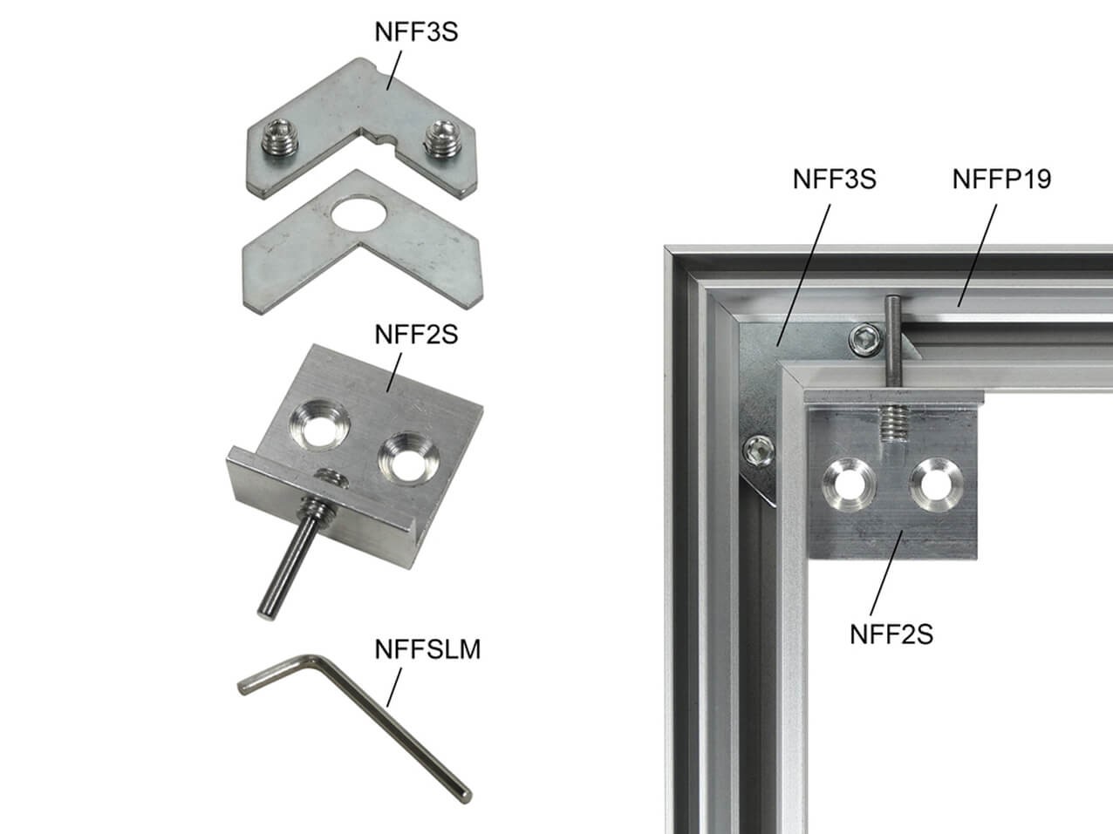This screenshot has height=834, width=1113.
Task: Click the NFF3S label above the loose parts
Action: (x=416, y=32)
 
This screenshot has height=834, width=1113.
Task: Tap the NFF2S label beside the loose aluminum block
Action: (x=416, y=335)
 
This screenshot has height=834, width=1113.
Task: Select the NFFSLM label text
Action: (x=427, y=649)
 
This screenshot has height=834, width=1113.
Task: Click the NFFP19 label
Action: (x=1001, y=180)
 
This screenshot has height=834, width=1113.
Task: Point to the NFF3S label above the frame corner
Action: (x=835, y=180)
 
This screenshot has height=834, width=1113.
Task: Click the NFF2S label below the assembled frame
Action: (x=891, y=634)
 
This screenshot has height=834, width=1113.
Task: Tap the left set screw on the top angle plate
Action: (x=279, y=137)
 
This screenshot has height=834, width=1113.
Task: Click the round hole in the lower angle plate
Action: (x=358, y=214)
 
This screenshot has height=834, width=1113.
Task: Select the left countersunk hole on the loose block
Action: (x=319, y=424)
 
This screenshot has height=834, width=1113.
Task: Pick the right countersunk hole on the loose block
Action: (x=408, y=458)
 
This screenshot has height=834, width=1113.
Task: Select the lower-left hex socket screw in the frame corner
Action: (x=759, y=451)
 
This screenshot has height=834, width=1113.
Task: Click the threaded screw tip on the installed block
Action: (x=894, y=424)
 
